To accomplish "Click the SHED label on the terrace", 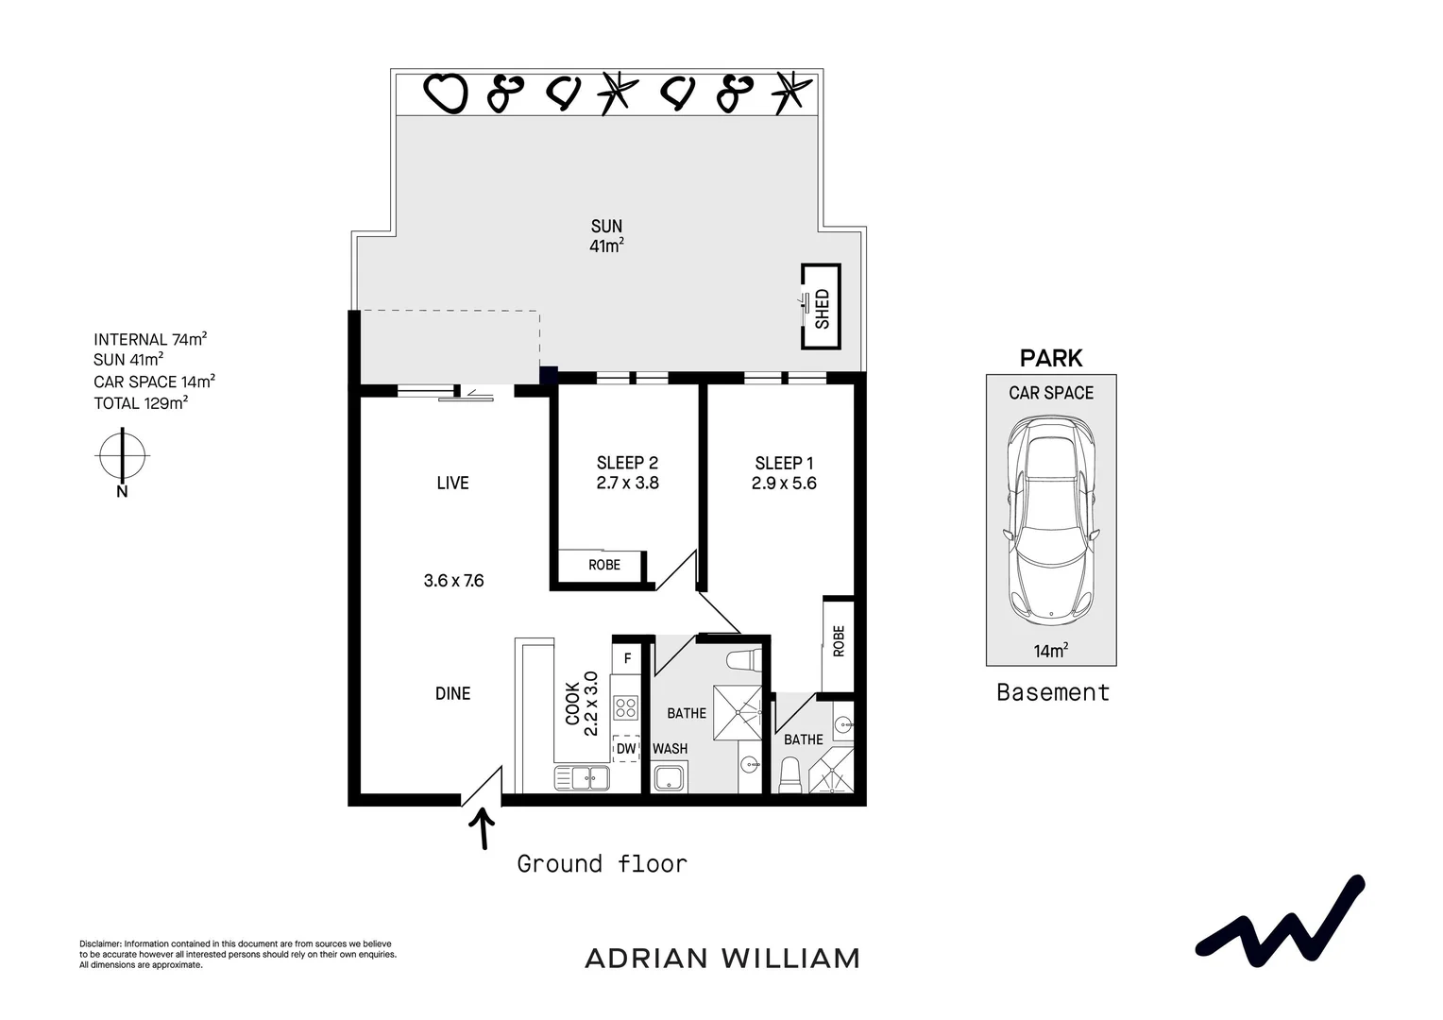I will pyautogui.click(x=822, y=308).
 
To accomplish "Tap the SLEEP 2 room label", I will pyautogui.click(x=627, y=463).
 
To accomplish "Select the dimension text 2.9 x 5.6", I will pyautogui.click(x=784, y=484).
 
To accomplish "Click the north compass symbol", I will pyautogui.click(x=122, y=456).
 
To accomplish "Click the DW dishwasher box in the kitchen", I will pyautogui.click(x=626, y=749).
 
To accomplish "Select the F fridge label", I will pyautogui.click(x=627, y=658).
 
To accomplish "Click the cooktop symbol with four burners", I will pyautogui.click(x=625, y=707).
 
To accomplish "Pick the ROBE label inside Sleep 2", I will pyautogui.click(x=604, y=565).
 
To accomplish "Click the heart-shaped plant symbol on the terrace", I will pyautogui.click(x=445, y=93).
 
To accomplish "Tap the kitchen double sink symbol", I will pyautogui.click(x=583, y=778).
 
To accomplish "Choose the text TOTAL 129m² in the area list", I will pyautogui.click(x=141, y=403).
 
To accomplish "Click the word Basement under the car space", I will pyautogui.click(x=1053, y=692).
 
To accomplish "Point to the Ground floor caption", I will pyautogui.click(x=602, y=863).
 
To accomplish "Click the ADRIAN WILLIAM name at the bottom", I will pyautogui.click(x=722, y=959).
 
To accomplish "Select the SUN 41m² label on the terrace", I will pyautogui.click(x=606, y=236).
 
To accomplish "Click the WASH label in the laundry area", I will pyautogui.click(x=670, y=749).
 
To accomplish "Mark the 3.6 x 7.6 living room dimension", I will pyautogui.click(x=453, y=581).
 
